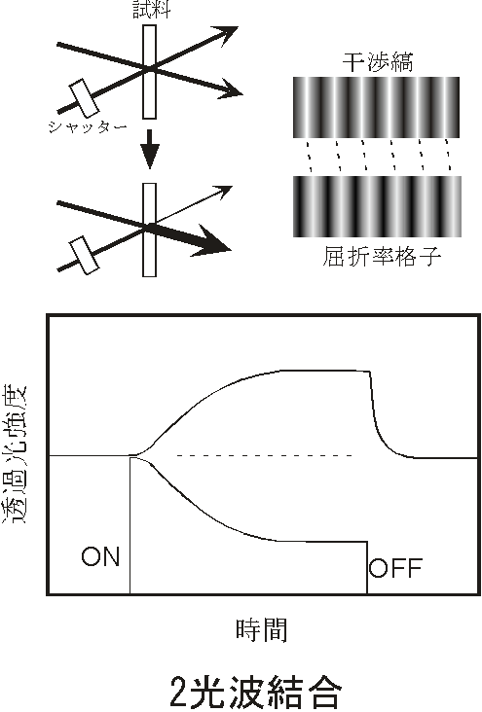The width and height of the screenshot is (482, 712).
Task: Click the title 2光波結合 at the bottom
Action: (255, 692)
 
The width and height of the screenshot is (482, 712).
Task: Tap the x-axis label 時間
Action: (262, 630)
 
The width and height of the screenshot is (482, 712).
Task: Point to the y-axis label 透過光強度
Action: (16, 454)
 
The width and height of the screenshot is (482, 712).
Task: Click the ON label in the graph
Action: (100, 556)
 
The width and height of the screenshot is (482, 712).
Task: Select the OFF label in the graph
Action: (395, 568)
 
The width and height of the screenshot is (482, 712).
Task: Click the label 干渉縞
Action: (378, 62)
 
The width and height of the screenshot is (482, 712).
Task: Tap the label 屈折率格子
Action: (382, 256)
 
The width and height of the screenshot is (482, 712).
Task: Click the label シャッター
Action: (88, 126)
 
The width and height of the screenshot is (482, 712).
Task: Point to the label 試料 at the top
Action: (152, 9)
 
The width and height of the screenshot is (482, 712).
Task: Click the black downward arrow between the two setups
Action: (150, 150)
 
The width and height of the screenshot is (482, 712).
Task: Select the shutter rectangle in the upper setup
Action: (84, 97)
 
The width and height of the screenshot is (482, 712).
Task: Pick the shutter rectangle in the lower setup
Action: (84, 255)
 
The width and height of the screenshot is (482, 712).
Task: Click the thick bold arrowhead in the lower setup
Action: (213, 239)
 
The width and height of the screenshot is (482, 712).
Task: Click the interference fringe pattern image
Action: (376, 107)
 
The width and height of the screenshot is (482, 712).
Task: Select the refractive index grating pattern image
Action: (377, 206)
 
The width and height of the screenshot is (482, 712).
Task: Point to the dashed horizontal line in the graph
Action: (265, 455)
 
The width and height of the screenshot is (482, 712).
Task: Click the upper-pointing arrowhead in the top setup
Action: (227, 34)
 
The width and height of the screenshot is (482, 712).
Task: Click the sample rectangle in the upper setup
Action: (149, 72)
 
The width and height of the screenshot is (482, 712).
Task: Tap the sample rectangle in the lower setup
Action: (149, 230)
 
